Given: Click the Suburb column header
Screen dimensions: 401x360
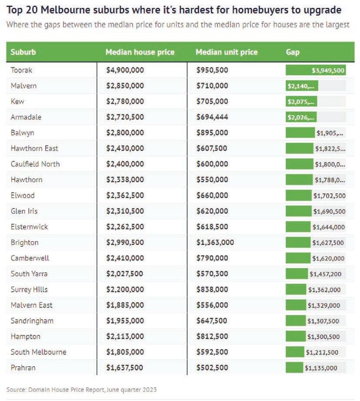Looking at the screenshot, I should click(x=23, y=52).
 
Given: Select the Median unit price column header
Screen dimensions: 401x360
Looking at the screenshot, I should click(x=226, y=52).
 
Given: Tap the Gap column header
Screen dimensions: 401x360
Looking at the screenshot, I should click(x=293, y=52).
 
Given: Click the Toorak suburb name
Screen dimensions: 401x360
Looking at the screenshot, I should click(x=21, y=70).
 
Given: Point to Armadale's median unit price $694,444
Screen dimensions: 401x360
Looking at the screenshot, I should click(x=212, y=117).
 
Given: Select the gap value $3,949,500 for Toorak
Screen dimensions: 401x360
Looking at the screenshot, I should click(x=328, y=70).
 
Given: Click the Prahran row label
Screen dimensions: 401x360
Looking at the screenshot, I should click(x=23, y=368).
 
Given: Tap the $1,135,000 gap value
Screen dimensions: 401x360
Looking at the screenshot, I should click(x=321, y=368).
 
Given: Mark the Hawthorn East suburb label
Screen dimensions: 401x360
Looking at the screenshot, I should click(x=34, y=149).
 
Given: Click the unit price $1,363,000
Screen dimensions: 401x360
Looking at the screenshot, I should click(x=215, y=242).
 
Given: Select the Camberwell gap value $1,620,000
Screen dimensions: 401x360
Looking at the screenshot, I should click(x=328, y=258).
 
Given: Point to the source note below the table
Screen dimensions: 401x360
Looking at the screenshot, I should click(x=81, y=390).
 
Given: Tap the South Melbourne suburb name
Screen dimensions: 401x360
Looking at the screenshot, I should click(x=38, y=352).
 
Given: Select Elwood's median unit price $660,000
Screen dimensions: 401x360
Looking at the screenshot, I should click(x=212, y=196).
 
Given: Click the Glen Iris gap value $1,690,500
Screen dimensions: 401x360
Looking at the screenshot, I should click(x=329, y=212).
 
